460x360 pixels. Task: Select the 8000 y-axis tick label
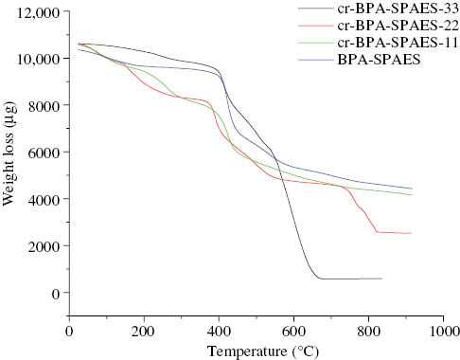pos(41,105)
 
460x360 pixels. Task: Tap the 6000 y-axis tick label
pos(41,153)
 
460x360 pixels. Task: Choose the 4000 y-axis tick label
pos(41,199)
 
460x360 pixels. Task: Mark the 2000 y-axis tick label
pos(41,246)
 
